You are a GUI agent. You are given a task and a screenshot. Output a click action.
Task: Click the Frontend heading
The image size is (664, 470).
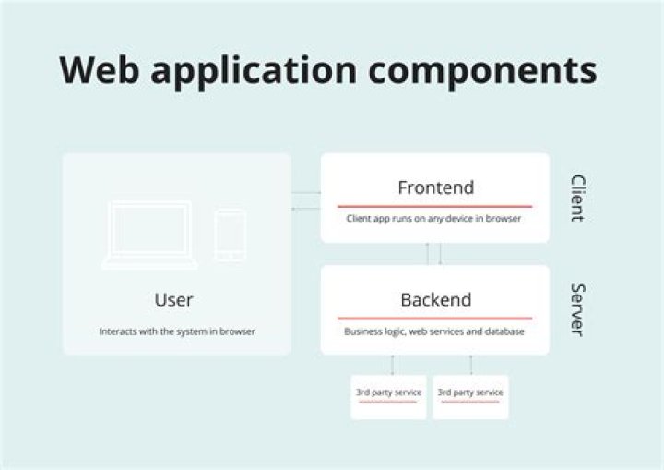(435, 187)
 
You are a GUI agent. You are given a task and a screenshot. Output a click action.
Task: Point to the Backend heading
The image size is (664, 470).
(435, 300)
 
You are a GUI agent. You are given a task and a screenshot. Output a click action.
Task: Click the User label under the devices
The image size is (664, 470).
(174, 300)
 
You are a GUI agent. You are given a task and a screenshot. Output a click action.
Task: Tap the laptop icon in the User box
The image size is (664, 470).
(149, 235)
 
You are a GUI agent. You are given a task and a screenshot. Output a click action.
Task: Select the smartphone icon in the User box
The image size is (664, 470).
(230, 235)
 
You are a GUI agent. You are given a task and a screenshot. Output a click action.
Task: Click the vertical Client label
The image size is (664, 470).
(577, 198)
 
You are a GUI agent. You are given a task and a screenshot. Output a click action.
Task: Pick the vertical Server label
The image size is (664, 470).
(577, 309)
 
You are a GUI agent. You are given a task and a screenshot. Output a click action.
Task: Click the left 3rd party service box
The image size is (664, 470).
(388, 396)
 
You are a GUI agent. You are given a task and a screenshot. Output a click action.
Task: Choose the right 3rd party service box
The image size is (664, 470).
(470, 396)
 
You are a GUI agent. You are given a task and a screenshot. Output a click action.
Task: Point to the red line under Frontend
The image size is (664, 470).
(434, 206)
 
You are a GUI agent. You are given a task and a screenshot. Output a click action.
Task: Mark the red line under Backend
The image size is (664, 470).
(434, 319)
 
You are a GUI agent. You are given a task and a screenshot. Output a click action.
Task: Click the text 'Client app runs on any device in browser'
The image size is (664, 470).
(434, 220)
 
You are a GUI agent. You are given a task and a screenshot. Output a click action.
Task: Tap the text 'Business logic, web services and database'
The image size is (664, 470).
(434, 331)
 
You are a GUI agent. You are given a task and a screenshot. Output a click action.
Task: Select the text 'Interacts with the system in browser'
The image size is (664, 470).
(177, 331)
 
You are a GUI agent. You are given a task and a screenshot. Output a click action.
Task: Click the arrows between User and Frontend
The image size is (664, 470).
(306, 200)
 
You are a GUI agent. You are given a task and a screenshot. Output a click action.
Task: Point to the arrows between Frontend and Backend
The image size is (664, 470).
(433, 254)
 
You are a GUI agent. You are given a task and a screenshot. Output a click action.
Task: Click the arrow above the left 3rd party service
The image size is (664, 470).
(392, 365)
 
